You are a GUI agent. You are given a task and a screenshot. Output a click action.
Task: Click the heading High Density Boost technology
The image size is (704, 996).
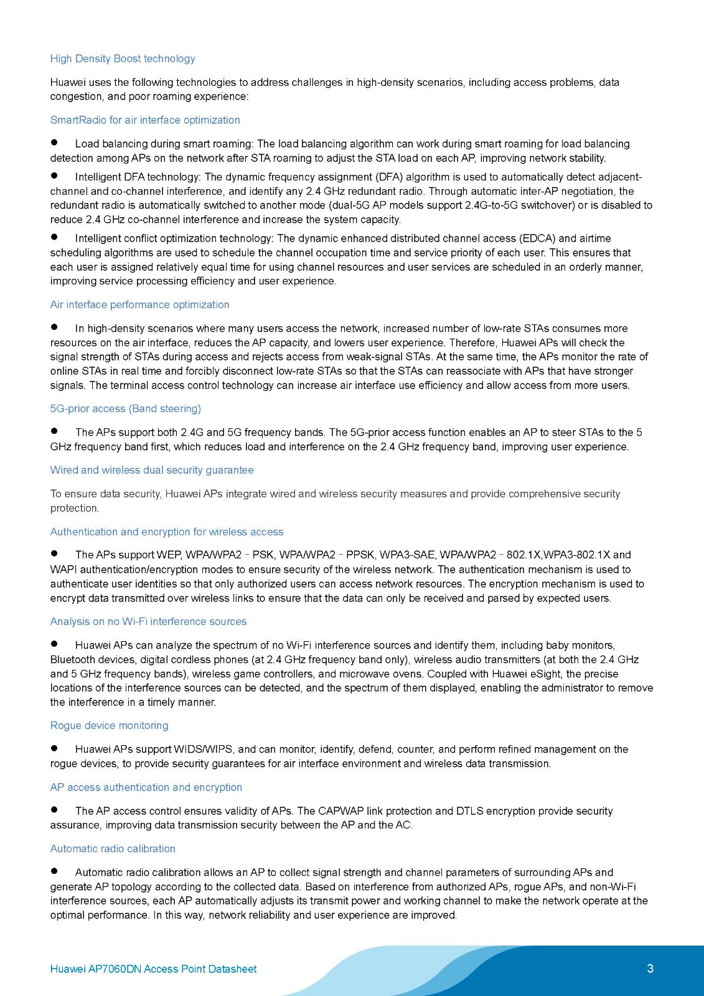[123, 59]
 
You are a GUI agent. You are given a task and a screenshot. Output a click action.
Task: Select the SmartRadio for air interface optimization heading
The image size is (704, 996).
[145, 120]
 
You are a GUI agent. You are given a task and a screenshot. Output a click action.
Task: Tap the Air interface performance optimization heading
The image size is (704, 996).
[139, 304]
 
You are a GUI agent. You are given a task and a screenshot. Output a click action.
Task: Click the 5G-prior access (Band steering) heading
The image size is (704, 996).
[125, 408]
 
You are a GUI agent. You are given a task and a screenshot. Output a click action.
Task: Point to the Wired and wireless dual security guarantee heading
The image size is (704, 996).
[152, 470]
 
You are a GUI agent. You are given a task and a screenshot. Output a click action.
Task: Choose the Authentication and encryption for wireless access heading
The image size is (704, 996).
[167, 532]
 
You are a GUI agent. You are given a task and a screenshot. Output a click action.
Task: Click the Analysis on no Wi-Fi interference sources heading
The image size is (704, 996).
[148, 621]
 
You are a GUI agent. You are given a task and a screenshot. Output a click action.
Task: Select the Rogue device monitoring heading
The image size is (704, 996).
[109, 725]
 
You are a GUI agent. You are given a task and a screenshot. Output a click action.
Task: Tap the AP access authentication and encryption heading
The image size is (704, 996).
[146, 787]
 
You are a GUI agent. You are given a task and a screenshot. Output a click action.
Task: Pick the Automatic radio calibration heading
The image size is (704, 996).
[113, 848]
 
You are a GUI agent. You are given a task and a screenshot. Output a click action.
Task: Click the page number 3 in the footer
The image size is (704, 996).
[650, 969]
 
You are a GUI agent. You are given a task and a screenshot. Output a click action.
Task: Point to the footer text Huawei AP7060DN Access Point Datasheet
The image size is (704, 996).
[153, 969]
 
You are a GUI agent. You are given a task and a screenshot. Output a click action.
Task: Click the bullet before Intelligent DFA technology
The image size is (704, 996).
[54, 176]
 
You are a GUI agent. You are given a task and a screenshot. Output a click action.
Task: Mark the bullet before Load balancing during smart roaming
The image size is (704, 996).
[54, 143]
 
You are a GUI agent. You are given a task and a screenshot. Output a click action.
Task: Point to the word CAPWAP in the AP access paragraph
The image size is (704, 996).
[340, 810]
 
